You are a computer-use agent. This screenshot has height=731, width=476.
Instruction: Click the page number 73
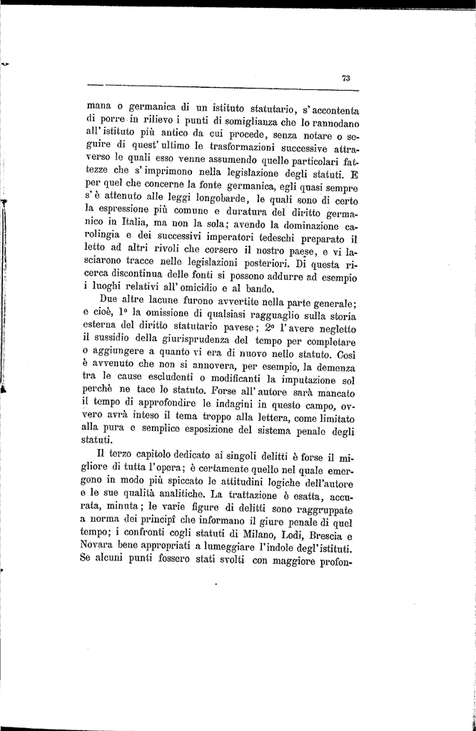pyautogui.click(x=345, y=79)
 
